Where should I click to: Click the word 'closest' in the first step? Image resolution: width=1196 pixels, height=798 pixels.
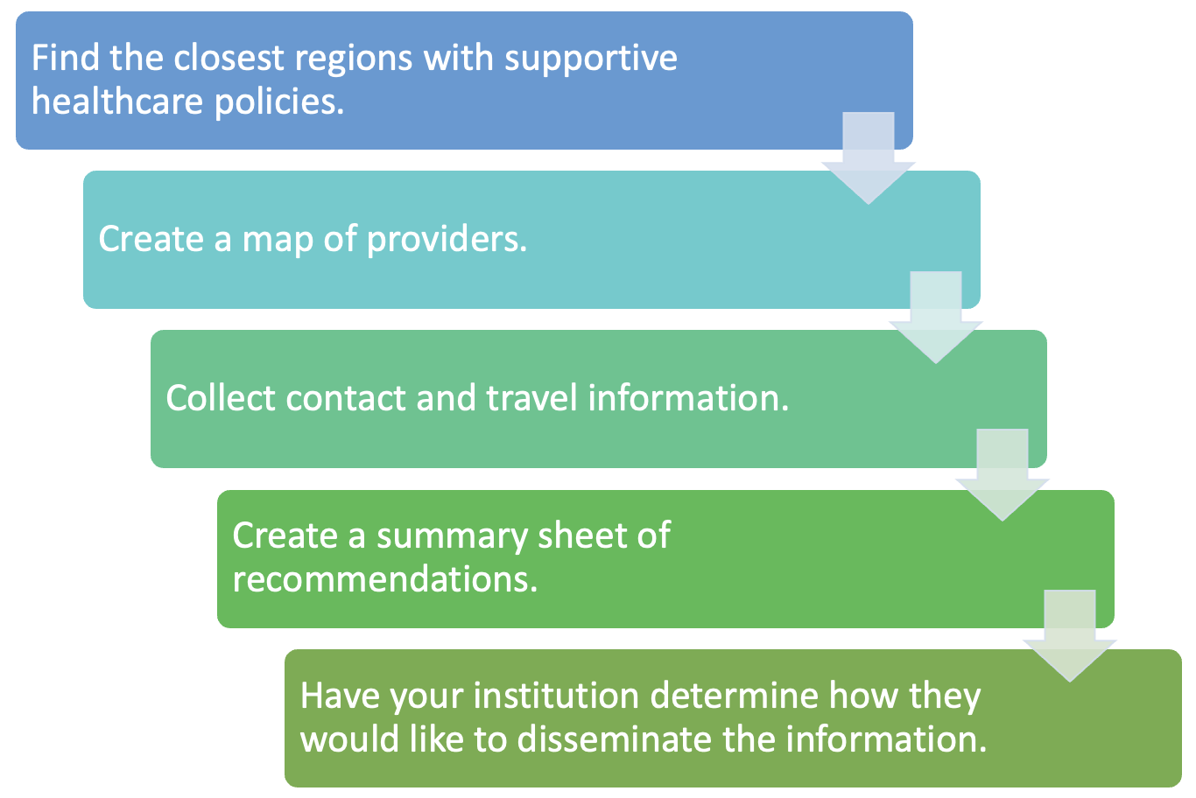tap(229, 57)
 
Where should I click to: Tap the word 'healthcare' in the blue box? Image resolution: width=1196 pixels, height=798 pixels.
tap(117, 101)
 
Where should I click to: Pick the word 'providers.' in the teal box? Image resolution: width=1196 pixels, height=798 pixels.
tap(447, 240)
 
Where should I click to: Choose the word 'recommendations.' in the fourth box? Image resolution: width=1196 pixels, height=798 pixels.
tap(385, 578)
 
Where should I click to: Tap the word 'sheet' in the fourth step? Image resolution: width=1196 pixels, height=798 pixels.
tap(581, 535)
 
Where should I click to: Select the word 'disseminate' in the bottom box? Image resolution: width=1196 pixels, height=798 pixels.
tap(614, 739)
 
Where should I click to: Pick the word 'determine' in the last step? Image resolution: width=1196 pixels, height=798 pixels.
tap(734, 696)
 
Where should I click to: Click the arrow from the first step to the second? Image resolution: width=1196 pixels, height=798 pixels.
tap(869, 158)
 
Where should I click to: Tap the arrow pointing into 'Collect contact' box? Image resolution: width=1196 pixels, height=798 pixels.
tap(935, 318)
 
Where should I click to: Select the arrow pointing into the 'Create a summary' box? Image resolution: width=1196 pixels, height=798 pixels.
tap(1003, 475)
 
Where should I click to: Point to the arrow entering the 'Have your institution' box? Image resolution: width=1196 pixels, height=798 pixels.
tap(1069, 636)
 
